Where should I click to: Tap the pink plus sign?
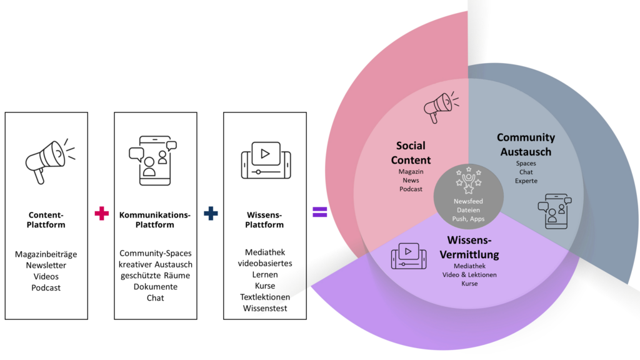coord(101,213)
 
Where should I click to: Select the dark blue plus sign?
coord(211,213)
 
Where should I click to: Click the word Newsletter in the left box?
coord(46,265)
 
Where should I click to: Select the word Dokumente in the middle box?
coord(156,287)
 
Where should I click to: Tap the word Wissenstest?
coord(265,297)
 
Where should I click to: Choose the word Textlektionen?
coord(265,286)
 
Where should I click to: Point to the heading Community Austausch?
coord(526,144)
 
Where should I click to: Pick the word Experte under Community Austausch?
coord(526,181)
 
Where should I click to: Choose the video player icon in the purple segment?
coord(408,254)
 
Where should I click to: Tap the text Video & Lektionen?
coord(469,275)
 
